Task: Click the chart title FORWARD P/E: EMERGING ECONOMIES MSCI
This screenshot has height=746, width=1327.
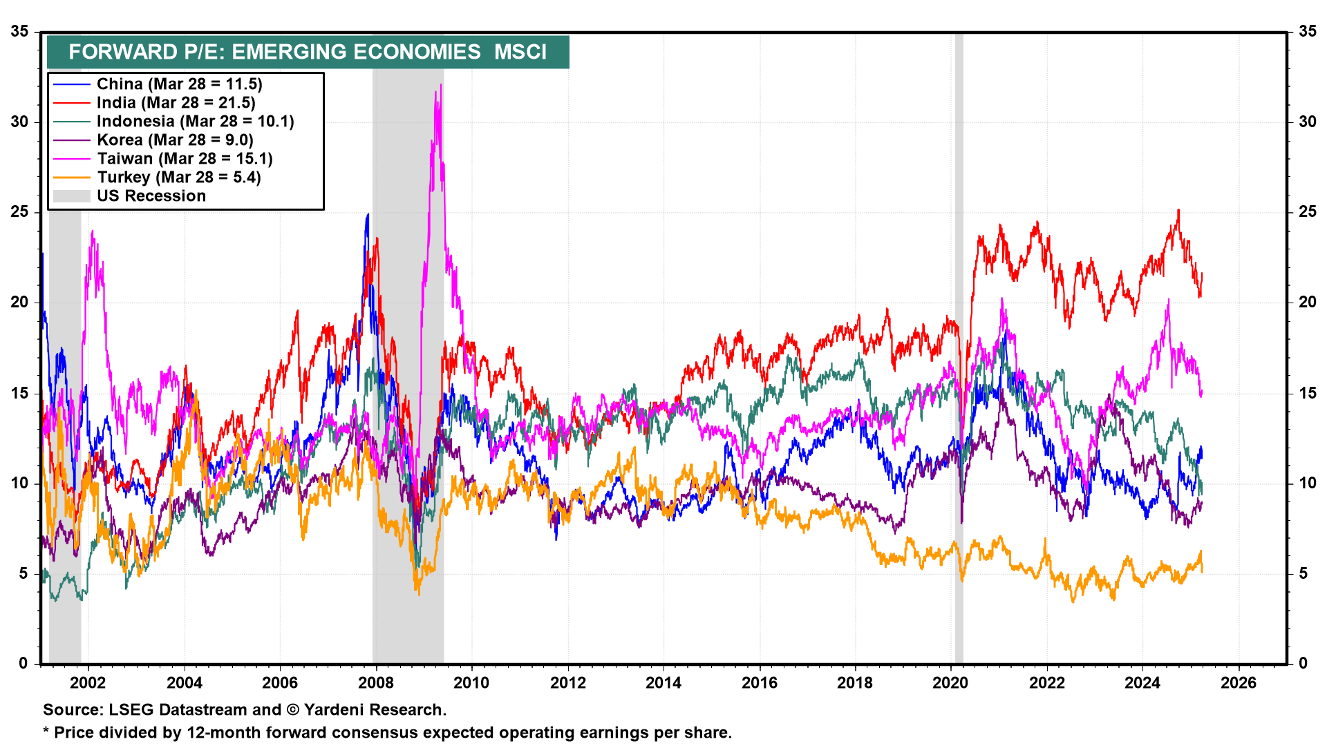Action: coord(308,52)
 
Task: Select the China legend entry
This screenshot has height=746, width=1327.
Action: coord(179,84)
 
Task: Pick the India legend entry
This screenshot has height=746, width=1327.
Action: coord(176,103)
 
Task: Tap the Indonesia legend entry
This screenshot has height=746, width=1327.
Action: coord(195,122)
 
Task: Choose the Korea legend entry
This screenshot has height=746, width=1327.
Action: coord(175,140)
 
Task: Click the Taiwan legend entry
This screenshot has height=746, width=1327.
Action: coord(185,159)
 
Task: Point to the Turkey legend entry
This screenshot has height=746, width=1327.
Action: coord(178,178)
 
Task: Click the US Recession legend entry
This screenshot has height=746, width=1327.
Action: coord(151,196)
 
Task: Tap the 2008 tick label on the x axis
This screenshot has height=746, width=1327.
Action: coord(376,683)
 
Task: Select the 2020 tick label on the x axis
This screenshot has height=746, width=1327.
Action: coord(951,683)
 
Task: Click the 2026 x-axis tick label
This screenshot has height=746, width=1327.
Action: coord(1239,683)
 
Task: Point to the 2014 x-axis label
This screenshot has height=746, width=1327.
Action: coord(663,683)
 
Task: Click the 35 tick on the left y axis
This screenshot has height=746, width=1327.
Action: coord(19,31)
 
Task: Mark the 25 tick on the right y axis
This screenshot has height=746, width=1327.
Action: coord(1308,212)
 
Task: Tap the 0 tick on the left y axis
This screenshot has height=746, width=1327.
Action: coord(23,664)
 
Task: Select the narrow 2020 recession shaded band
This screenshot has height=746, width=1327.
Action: coord(959,345)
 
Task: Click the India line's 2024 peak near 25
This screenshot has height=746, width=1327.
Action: coord(1178,211)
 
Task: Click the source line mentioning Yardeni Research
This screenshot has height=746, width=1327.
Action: coord(245,710)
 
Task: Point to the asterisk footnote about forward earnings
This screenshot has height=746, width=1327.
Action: coord(387,733)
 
